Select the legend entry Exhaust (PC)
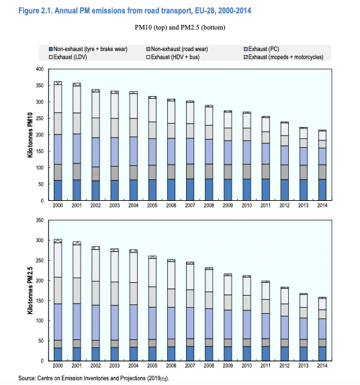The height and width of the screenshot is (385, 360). tap(267, 50)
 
